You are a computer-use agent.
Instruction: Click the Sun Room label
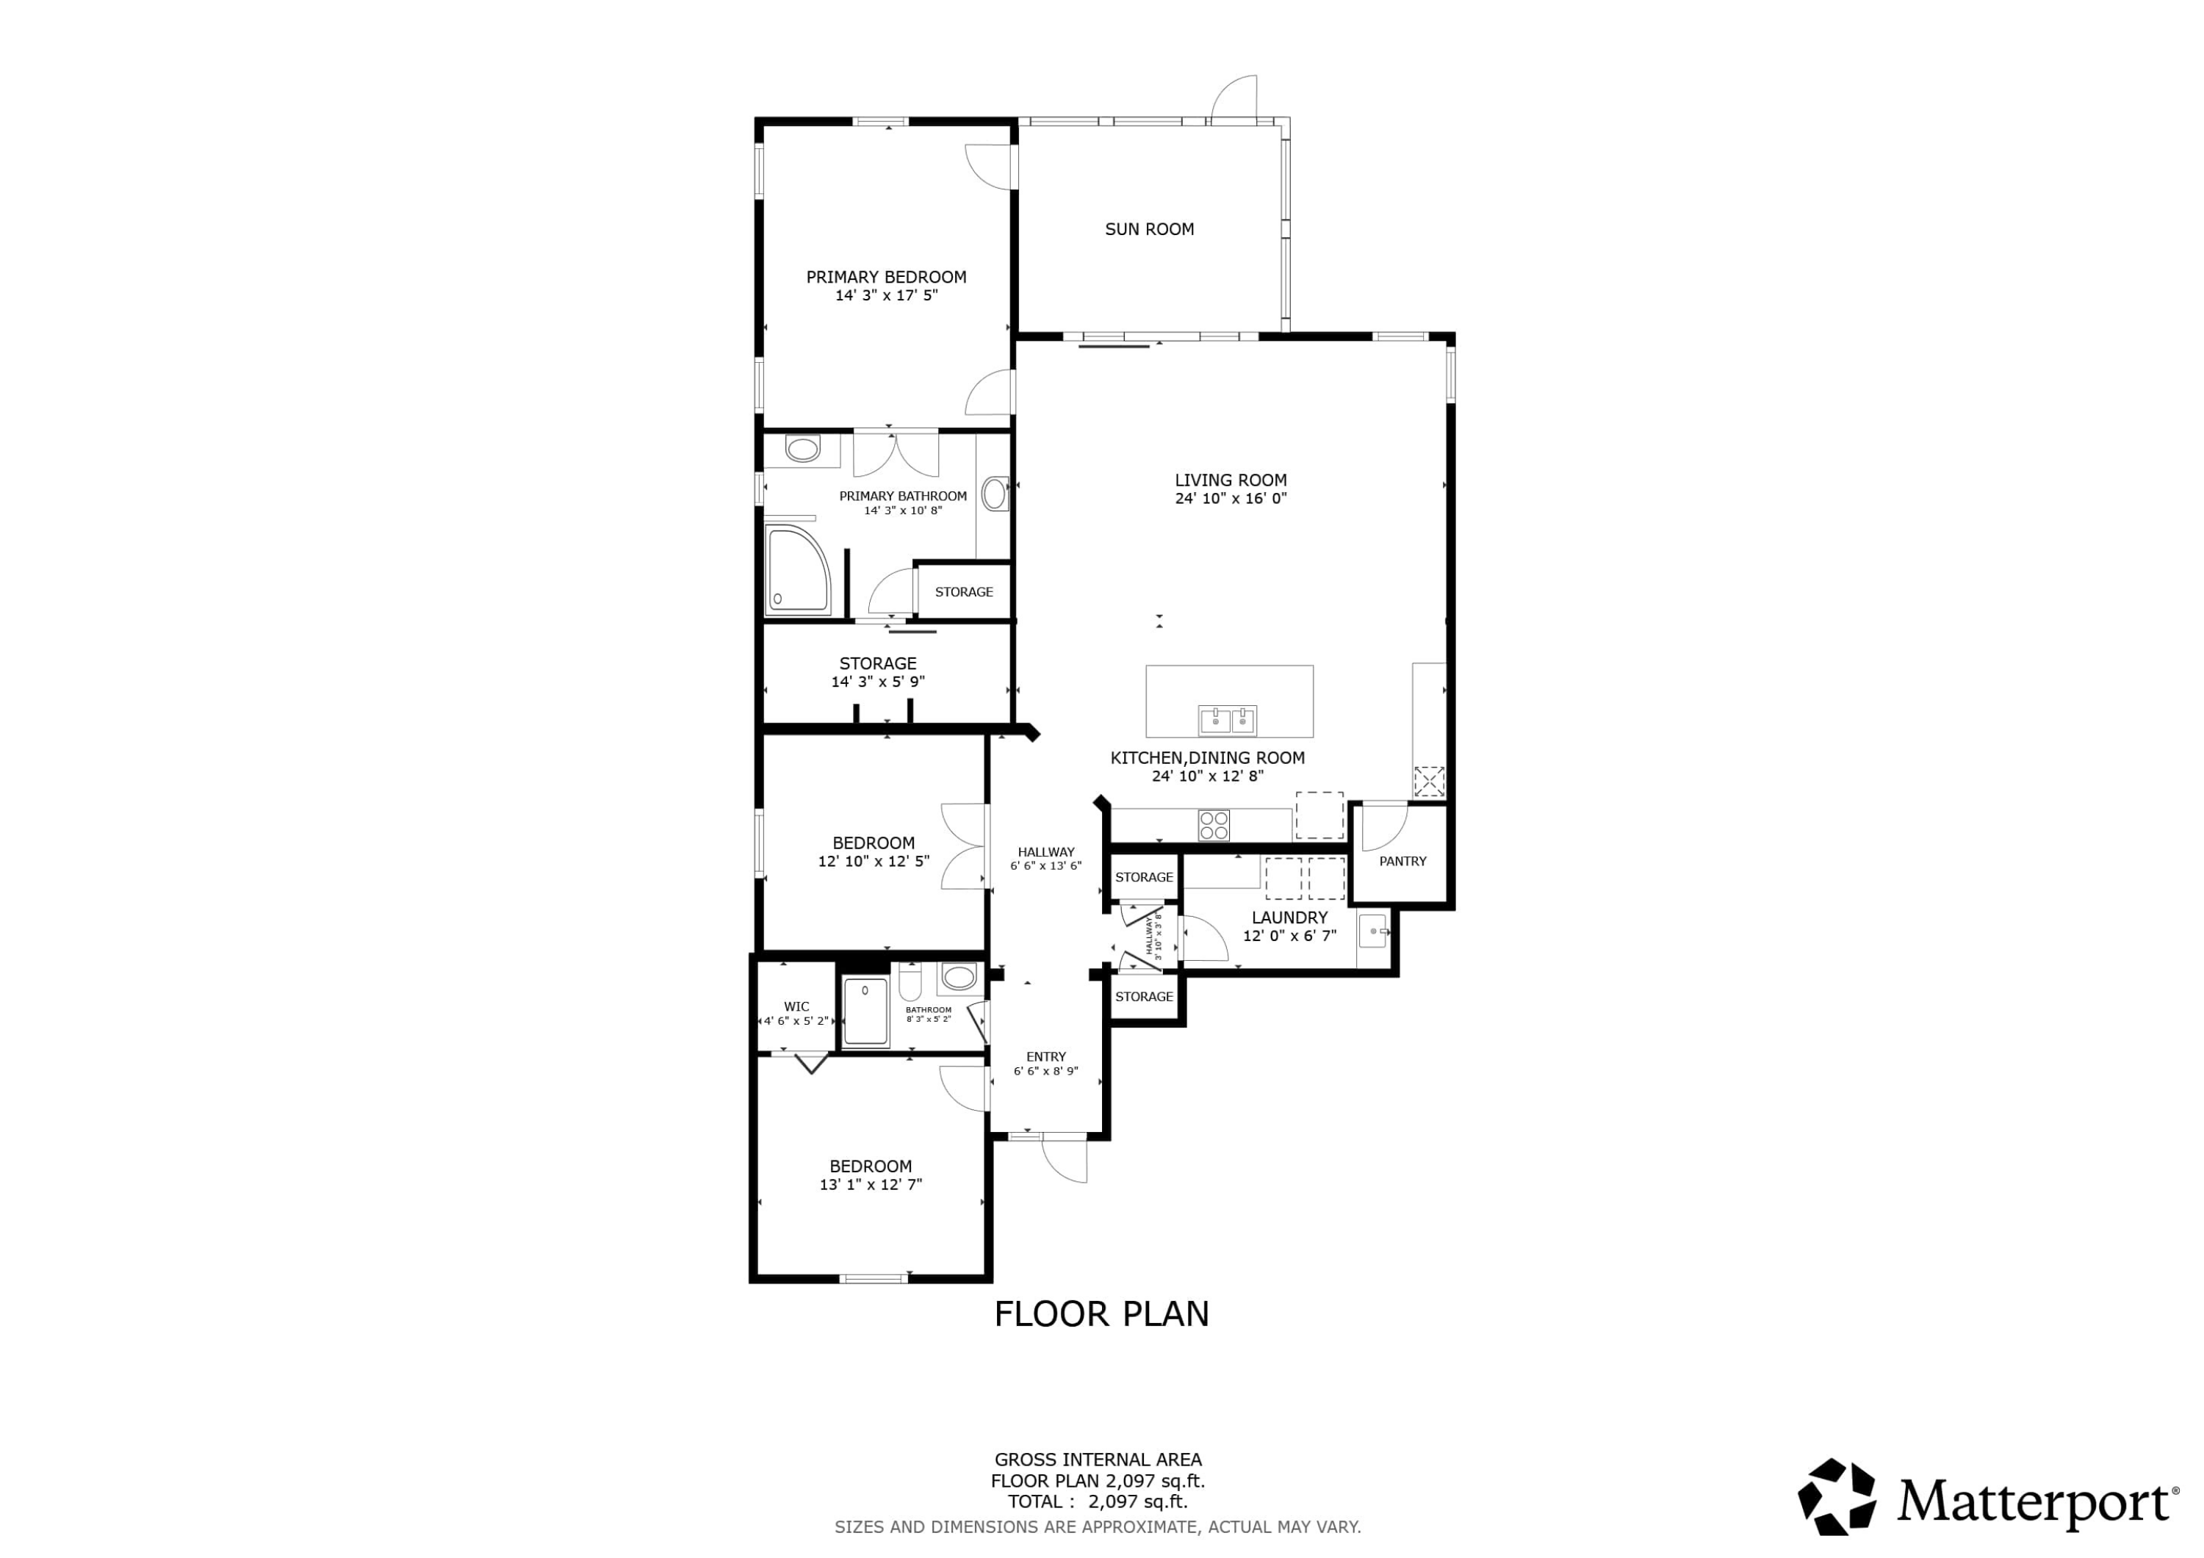(1149, 229)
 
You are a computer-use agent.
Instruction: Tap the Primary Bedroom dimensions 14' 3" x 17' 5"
(886, 296)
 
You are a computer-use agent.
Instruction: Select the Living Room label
(1231, 480)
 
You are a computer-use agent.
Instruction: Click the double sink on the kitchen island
(1228, 719)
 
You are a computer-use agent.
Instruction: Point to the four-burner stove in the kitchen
(1214, 825)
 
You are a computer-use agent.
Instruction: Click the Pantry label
(1402, 861)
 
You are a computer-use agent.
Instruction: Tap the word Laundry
(1289, 917)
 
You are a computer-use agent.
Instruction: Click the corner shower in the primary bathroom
(798, 570)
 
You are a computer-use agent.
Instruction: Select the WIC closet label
(796, 1007)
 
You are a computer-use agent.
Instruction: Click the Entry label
(1045, 1057)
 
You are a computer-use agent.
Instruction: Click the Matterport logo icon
(1837, 1498)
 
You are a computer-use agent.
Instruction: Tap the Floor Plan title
(1101, 1314)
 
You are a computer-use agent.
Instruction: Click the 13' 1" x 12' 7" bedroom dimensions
(871, 1185)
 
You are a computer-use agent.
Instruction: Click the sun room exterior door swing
(1234, 100)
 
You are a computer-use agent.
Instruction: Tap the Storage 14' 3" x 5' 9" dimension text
(877, 682)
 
